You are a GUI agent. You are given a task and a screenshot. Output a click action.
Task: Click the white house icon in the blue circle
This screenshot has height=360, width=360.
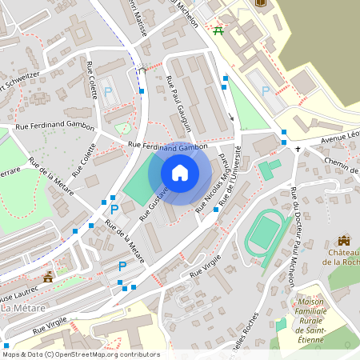click(180, 173)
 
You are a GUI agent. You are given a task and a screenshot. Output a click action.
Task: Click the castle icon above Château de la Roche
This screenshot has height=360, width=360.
click(344, 240)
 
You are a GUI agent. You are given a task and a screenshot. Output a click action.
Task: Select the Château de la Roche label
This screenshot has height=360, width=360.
click(342, 256)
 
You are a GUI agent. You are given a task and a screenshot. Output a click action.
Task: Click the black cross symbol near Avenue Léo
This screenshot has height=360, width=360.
click(298, 149)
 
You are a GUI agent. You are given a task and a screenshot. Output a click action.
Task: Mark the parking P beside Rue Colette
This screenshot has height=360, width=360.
click(109, 92)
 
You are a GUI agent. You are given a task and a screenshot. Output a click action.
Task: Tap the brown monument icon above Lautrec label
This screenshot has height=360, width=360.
click(48, 277)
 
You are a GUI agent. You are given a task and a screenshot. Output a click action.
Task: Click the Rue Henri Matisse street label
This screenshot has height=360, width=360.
click(142, 12)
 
